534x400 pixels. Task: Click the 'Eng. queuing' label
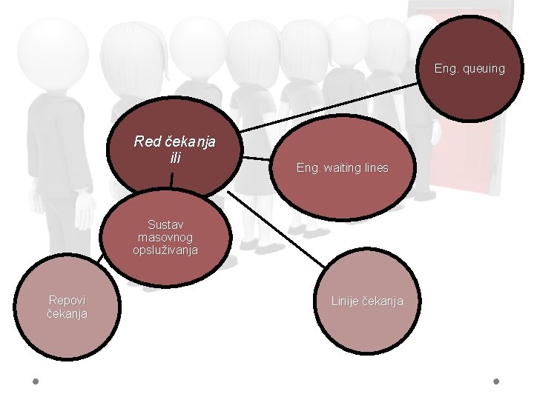tap(469, 69)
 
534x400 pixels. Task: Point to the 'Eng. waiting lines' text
tap(342, 168)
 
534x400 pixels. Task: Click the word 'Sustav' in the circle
tap(165, 224)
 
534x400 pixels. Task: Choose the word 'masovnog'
tap(165, 237)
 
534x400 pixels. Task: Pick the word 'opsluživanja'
tap(165, 250)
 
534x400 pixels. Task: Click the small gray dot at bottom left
tap(35, 382)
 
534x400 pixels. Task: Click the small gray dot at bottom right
tap(496, 382)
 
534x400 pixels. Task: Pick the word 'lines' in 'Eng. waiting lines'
tap(375, 168)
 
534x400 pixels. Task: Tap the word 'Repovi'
tap(67, 300)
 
